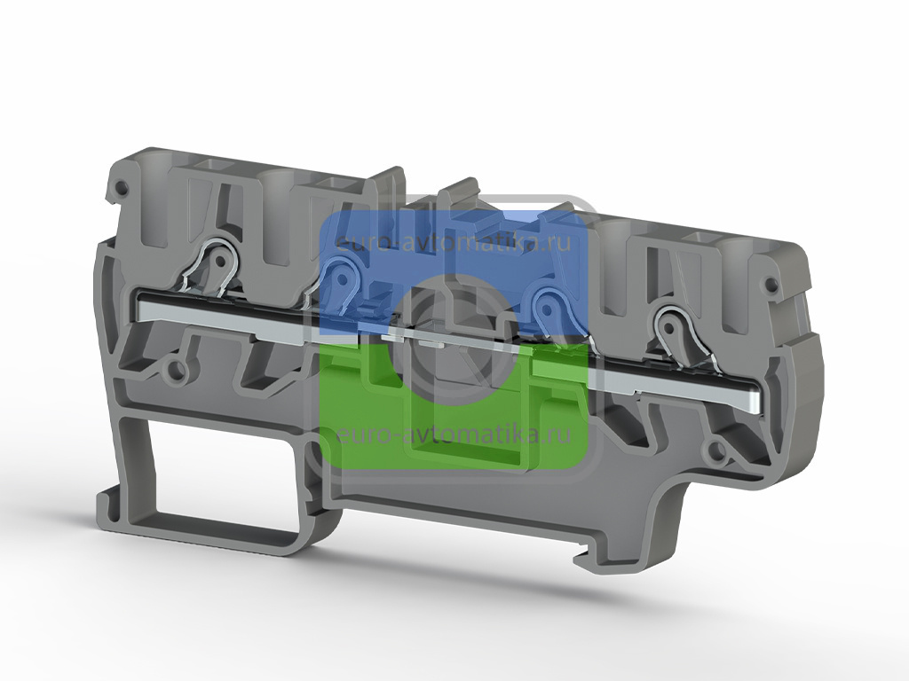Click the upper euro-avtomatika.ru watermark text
pos(454,241)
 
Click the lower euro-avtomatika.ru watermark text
pos(454,434)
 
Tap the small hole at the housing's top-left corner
pos(122,187)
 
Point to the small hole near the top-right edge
pos(771,285)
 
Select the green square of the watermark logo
pos(454,405)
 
